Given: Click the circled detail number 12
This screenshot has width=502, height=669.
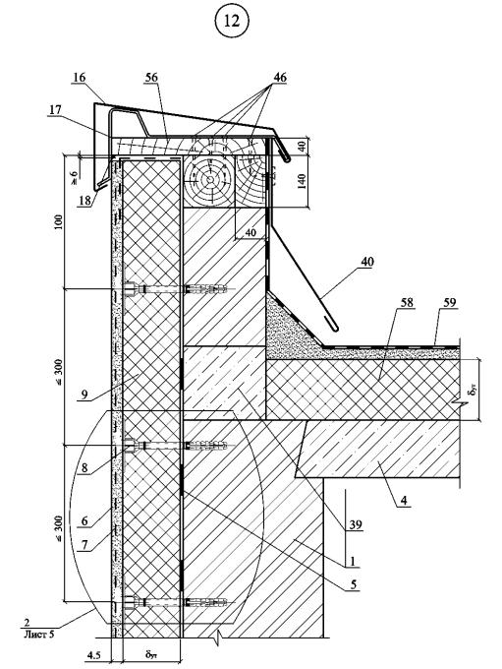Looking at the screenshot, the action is tap(232, 21).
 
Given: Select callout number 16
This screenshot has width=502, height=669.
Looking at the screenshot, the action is tap(80, 78).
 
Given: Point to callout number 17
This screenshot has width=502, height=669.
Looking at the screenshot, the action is tap(55, 110).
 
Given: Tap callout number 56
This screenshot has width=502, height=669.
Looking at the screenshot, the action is tap(151, 78).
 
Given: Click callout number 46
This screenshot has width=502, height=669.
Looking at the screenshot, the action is tap(280, 78).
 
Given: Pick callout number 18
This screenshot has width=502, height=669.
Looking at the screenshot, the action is tap(84, 201).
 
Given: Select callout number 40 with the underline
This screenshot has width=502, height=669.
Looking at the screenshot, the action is tap(366, 262).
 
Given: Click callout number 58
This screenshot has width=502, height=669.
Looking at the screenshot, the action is tap(407, 302).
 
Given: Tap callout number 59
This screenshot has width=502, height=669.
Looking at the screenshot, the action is tap(450, 302).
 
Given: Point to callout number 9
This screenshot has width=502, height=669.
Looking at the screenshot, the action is tap(84, 395).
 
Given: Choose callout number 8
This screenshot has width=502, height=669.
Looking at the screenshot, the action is tap(84, 467).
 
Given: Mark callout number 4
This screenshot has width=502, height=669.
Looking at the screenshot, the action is tap(404, 499).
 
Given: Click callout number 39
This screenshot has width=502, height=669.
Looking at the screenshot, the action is tap(356, 524).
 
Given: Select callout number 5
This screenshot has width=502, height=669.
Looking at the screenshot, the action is tap(354, 584).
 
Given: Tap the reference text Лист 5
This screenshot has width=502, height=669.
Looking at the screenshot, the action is tap(38, 634).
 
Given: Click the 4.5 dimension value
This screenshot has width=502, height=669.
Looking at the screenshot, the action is tap(93, 654).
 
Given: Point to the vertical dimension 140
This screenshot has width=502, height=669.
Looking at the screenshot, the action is tap(302, 182).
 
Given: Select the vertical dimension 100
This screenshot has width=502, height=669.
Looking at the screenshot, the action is tap(58, 222).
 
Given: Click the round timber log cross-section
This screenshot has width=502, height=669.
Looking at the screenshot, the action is tap(209, 180).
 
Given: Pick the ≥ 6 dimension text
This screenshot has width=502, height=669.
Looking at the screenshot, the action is tap(75, 177).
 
